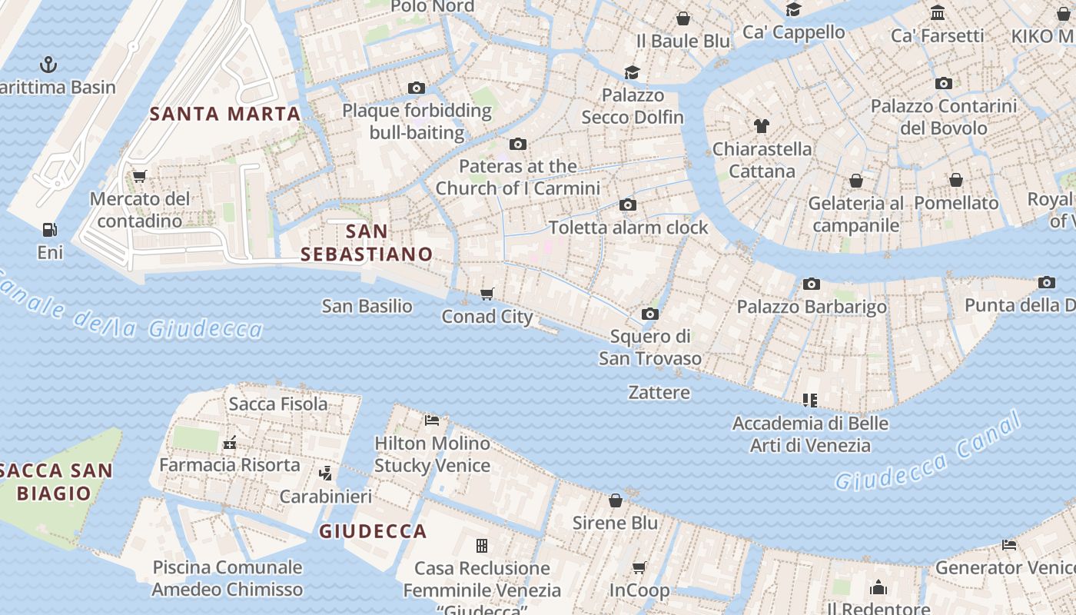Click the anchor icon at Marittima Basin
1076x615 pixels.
point(48,64)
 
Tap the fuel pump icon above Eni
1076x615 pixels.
point(49,229)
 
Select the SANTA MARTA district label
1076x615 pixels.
point(225,114)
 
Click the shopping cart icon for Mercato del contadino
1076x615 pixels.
point(139,176)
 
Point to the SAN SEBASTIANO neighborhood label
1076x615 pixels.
point(367,242)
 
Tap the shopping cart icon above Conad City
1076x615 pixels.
point(487,294)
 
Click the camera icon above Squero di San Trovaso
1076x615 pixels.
point(649,314)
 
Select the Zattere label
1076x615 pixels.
point(659,392)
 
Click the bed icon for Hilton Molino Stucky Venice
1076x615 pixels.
point(432,420)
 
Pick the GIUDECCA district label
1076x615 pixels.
point(373,531)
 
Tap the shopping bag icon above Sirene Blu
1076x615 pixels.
point(615,500)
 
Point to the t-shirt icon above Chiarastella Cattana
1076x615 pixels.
point(761,125)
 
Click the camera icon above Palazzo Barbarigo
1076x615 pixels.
point(811,284)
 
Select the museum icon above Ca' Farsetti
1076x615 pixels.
point(937,12)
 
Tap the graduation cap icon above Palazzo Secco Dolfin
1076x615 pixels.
point(632,72)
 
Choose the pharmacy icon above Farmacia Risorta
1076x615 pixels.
point(228,442)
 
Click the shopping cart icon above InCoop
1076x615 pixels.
point(639,567)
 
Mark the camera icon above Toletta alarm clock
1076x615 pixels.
point(628,204)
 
